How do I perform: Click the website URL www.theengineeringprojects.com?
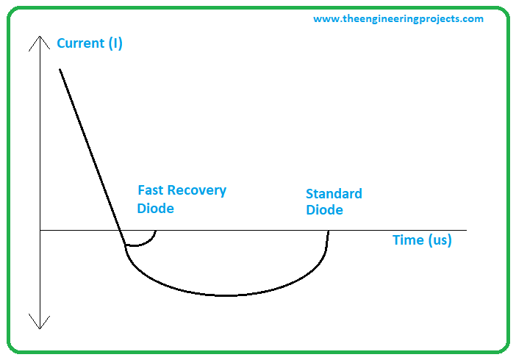click(x=398, y=19)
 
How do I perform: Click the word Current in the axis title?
click(x=81, y=43)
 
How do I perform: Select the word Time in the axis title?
click(x=409, y=240)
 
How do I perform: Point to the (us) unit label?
click(x=440, y=240)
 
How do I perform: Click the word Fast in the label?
click(x=151, y=190)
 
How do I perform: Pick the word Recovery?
click(x=197, y=190)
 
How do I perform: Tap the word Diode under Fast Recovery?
click(x=155, y=209)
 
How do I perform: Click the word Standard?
click(x=334, y=193)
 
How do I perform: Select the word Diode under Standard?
click(x=324, y=210)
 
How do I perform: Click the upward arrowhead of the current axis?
click(x=40, y=37)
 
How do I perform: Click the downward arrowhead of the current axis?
click(x=40, y=328)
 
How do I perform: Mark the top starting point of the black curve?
click(x=60, y=69)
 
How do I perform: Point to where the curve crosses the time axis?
click(x=120, y=231)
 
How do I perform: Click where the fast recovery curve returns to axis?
click(x=155, y=231)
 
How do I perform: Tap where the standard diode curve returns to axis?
click(x=328, y=231)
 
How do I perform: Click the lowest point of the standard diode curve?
click(x=227, y=296)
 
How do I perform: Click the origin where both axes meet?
click(x=40, y=231)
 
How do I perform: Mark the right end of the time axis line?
click(x=466, y=231)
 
